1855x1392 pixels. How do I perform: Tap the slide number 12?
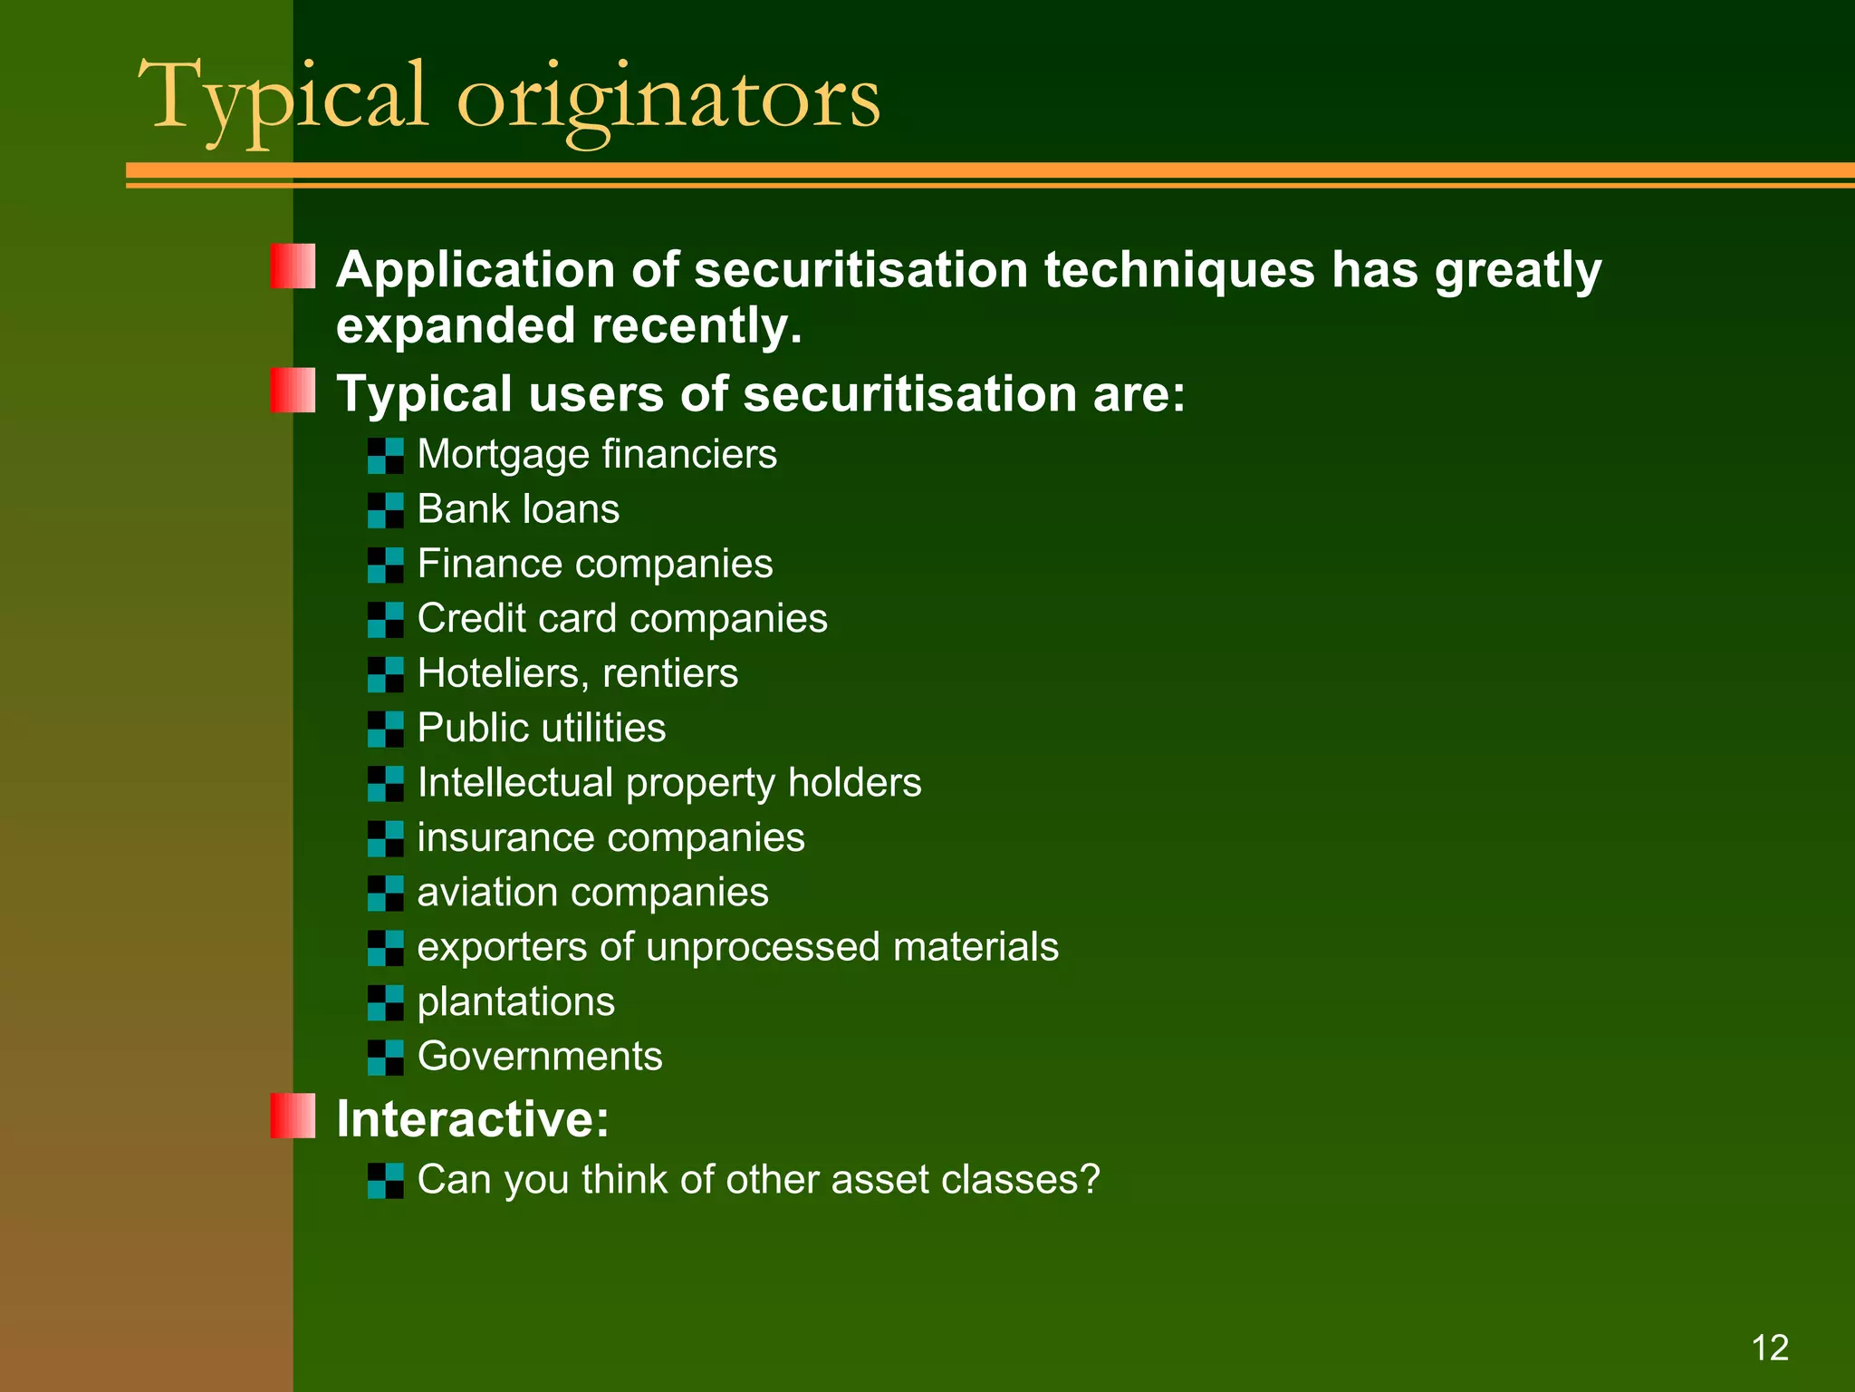click(x=1770, y=1348)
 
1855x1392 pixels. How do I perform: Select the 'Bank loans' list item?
click(x=518, y=509)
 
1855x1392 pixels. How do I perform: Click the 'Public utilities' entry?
click(x=541, y=728)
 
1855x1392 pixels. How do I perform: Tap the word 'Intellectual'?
click(x=514, y=783)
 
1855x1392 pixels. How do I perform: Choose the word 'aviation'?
click(x=486, y=893)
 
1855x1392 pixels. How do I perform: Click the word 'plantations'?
click(x=515, y=1002)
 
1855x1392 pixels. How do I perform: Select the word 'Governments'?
click(x=540, y=1057)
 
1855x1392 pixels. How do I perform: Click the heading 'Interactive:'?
click(x=472, y=1119)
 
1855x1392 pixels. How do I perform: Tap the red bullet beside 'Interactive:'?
click(x=293, y=1116)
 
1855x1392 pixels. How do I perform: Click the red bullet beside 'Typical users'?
click(x=293, y=391)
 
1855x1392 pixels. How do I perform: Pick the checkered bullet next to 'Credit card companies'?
click(x=386, y=620)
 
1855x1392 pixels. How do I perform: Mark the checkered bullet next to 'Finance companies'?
click(x=386, y=565)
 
